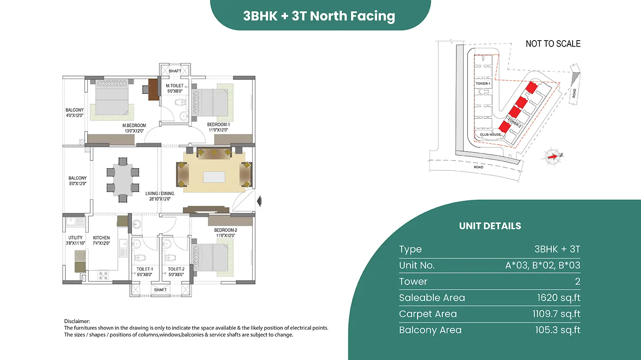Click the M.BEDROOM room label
[x=134, y=126]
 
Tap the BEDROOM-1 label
[x=218, y=125]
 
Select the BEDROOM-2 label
[x=226, y=230]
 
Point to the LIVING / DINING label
[x=160, y=193]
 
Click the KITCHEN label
[x=101, y=238]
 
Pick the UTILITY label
[x=75, y=238]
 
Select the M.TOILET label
[x=174, y=86]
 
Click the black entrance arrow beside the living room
[x=259, y=201]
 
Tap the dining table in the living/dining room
[x=123, y=180]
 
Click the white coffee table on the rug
[x=214, y=177]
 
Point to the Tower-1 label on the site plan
[x=483, y=84]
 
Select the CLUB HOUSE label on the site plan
[x=491, y=135]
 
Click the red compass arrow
[x=553, y=157]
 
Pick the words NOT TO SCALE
[x=553, y=44]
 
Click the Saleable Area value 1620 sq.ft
[x=559, y=298]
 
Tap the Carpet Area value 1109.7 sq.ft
[x=556, y=314]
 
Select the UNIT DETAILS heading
[x=490, y=226]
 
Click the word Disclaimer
[x=77, y=322]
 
